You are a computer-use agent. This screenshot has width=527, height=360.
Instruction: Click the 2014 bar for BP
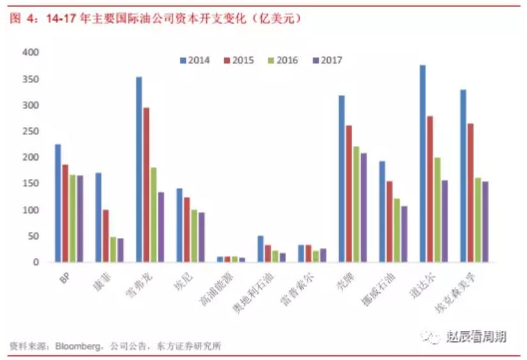[58, 203]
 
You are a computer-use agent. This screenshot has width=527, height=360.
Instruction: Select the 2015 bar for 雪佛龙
[147, 185]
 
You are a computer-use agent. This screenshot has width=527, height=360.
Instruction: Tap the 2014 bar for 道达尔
[422, 164]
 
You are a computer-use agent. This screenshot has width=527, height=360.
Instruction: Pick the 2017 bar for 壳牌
[363, 207]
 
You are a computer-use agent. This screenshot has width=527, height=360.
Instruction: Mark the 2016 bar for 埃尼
[194, 235]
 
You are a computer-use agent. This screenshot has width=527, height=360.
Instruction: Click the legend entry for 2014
[194, 61]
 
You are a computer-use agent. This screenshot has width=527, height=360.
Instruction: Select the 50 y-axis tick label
[33, 236]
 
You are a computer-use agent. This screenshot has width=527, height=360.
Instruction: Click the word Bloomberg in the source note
[77, 347]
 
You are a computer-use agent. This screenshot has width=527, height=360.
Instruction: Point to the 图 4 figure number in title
[22, 19]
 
